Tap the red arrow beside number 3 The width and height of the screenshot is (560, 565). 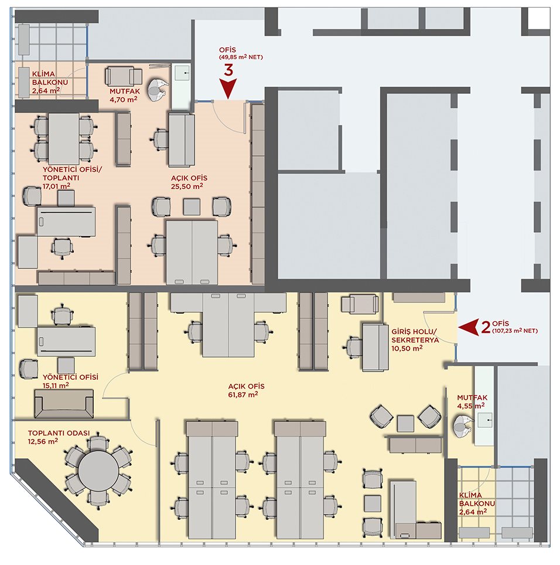coord(228,89)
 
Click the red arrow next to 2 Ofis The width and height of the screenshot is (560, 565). coord(469,327)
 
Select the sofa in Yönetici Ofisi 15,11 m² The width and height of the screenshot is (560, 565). coord(64,404)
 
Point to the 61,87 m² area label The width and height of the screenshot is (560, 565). coord(243,394)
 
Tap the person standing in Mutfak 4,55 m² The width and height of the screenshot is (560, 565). coord(463,426)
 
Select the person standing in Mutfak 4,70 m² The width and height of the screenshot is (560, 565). coord(158,91)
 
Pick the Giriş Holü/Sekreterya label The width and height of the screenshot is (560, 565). coord(415,335)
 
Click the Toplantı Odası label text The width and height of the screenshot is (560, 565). coord(59,433)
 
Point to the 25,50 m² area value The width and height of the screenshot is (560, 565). coord(187,186)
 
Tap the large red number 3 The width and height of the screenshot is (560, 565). coord(228,70)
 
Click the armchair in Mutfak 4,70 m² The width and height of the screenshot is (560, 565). coord(124,76)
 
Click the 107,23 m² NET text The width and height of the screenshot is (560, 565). coord(515,331)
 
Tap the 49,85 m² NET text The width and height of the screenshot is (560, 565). coord(241,57)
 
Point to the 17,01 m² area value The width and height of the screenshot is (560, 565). coord(56,186)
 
